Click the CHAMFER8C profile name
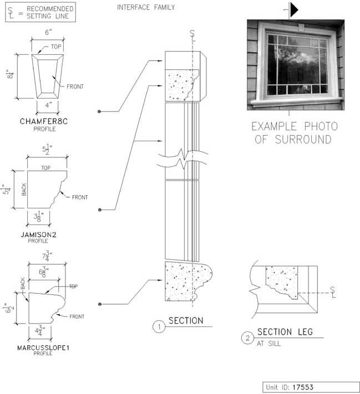(x=44, y=121)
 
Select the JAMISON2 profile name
(x=38, y=235)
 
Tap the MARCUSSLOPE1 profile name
(x=43, y=348)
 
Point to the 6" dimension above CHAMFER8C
(x=48, y=32)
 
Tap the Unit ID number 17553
(x=303, y=387)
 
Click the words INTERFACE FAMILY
(x=146, y=7)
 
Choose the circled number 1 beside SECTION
(x=159, y=326)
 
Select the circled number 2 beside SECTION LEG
(x=247, y=338)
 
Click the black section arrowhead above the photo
(x=294, y=10)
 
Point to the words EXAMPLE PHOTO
(x=295, y=126)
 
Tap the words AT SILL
(x=268, y=344)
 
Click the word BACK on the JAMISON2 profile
(x=24, y=190)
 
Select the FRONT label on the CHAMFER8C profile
(x=75, y=86)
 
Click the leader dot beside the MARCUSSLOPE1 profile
(x=100, y=304)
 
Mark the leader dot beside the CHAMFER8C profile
(x=99, y=111)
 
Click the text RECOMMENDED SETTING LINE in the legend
(x=50, y=12)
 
